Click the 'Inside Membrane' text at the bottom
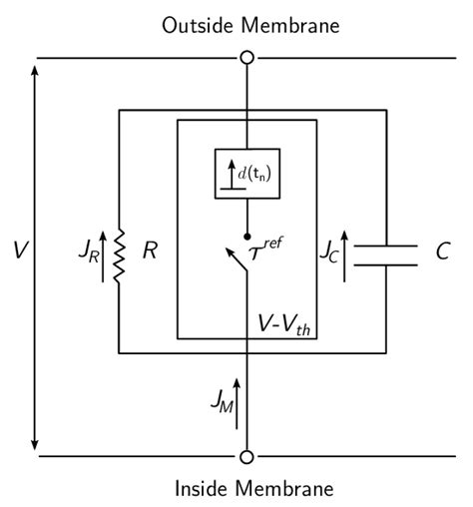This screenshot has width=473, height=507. click(245, 489)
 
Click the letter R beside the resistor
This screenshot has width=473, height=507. click(150, 251)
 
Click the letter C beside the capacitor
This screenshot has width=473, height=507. click(442, 251)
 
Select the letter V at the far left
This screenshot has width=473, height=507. click(19, 251)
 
